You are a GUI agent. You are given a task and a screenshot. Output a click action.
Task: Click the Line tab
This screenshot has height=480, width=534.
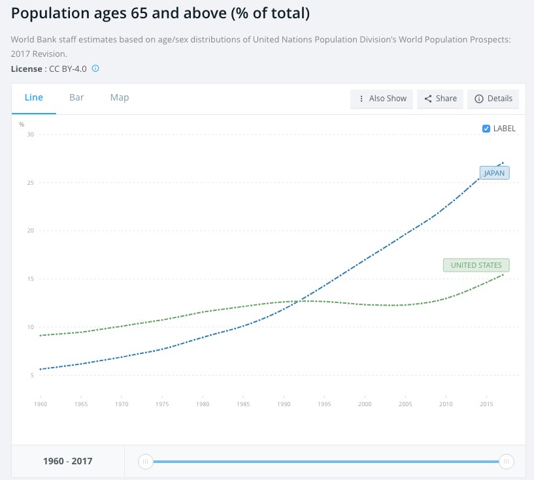coord(34,97)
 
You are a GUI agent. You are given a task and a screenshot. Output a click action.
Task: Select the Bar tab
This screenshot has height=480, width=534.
coord(76,97)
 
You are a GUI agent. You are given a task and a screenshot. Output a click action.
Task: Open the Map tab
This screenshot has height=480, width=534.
coord(120,97)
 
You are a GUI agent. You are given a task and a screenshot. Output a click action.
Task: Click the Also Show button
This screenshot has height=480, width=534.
coord(382,99)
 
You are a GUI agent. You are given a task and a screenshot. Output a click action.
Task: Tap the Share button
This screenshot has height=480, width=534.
coord(441,99)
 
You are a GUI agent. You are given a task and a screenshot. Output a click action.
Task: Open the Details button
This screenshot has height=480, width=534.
coord(493,99)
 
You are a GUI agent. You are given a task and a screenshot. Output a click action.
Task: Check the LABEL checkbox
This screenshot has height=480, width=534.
coord(486,129)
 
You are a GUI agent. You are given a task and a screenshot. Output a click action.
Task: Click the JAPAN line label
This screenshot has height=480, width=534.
coord(494,173)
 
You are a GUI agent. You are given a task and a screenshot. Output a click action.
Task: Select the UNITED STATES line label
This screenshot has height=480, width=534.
coord(476,265)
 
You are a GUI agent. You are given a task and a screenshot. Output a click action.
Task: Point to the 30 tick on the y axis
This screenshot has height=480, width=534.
coord(30,135)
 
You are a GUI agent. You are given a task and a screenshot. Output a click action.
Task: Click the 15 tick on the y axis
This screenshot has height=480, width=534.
coord(30,279)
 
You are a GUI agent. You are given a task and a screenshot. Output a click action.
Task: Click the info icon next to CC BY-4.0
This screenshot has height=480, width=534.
coord(95,69)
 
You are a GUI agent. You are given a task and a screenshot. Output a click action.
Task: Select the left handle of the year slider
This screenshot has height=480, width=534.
coord(146,462)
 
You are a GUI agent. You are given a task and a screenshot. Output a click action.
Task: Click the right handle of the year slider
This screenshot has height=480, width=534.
coord(505,462)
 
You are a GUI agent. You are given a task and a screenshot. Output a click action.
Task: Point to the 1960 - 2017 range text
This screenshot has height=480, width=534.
coord(68,462)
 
